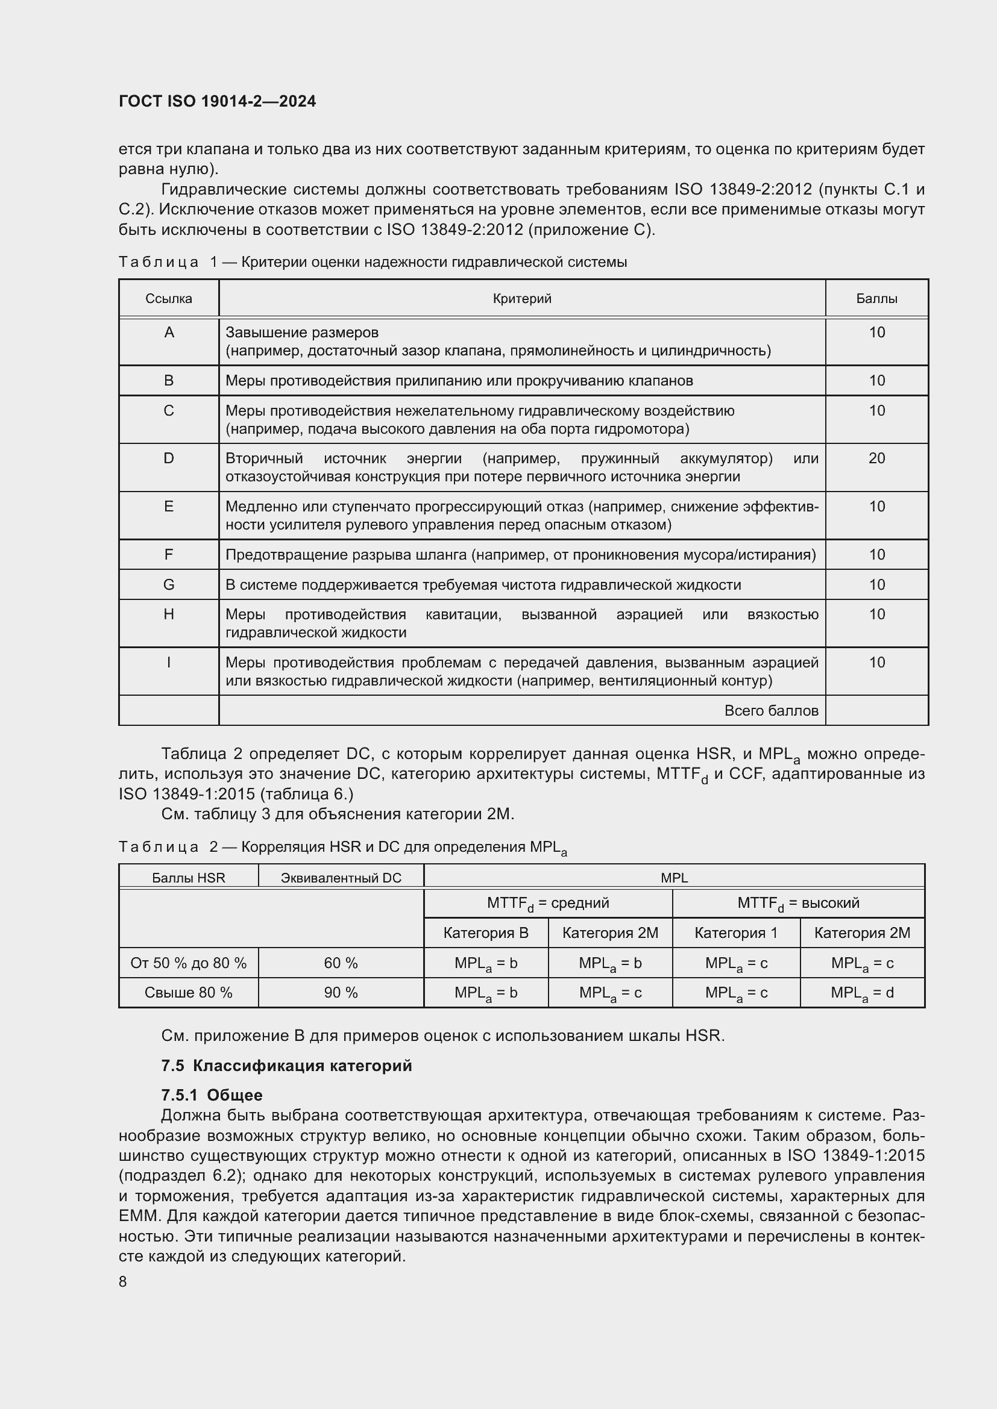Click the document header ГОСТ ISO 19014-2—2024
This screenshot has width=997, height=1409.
click(x=218, y=101)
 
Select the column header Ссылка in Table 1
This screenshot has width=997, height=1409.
click(x=169, y=299)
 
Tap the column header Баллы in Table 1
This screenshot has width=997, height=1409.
click(x=876, y=299)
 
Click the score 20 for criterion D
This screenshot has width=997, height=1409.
click(x=876, y=458)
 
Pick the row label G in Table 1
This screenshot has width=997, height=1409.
click(x=169, y=585)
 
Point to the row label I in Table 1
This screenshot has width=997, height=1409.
click(x=169, y=663)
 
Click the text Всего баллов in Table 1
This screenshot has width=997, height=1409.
click(x=771, y=711)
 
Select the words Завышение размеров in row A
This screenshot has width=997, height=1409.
click(x=302, y=333)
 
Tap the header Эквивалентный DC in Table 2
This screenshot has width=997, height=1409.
click(x=341, y=878)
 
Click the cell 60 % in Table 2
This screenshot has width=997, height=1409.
click(x=341, y=963)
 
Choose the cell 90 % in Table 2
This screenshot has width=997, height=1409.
click(x=341, y=993)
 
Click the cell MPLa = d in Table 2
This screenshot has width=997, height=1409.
click(x=862, y=993)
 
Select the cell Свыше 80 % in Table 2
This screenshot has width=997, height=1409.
click(x=189, y=993)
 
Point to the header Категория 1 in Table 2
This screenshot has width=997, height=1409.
click(x=735, y=933)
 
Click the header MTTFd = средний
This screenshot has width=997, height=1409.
click(x=547, y=904)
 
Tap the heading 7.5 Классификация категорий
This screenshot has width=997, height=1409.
click(x=287, y=1066)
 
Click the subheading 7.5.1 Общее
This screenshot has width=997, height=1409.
click(x=212, y=1095)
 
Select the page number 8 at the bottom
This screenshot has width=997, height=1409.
click(x=123, y=1282)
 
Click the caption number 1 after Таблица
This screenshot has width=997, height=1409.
click(x=213, y=263)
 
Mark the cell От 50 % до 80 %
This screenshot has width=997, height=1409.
click(x=189, y=963)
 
